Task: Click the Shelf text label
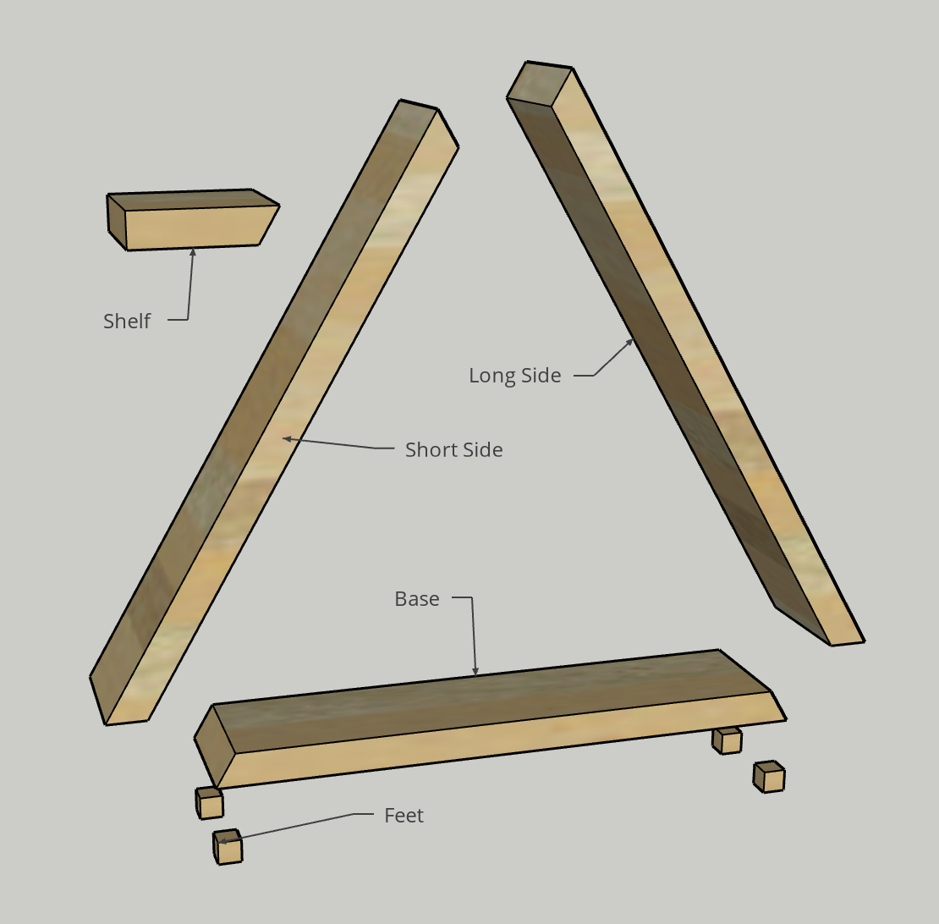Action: tap(127, 321)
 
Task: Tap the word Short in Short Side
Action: tap(429, 449)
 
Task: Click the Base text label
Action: tap(417, 599)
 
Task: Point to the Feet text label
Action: tap(404, 815)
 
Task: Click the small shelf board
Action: tap(192, 220)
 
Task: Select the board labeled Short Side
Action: tap(274, 412)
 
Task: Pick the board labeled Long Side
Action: tap(686, 354)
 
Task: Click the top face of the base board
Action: tap(491, 700)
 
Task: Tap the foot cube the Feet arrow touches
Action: tap(228, 846)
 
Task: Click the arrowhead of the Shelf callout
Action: tap(193, 253)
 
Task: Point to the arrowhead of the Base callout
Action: tap(475, 671)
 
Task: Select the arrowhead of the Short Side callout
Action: tap(288, 439)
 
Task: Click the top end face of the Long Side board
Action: tap(540, 83)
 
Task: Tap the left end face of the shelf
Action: tap(116, 221)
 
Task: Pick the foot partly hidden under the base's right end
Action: tap(727, 740)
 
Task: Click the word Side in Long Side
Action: tap(541, 376)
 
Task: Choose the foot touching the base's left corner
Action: tap(209, 802)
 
